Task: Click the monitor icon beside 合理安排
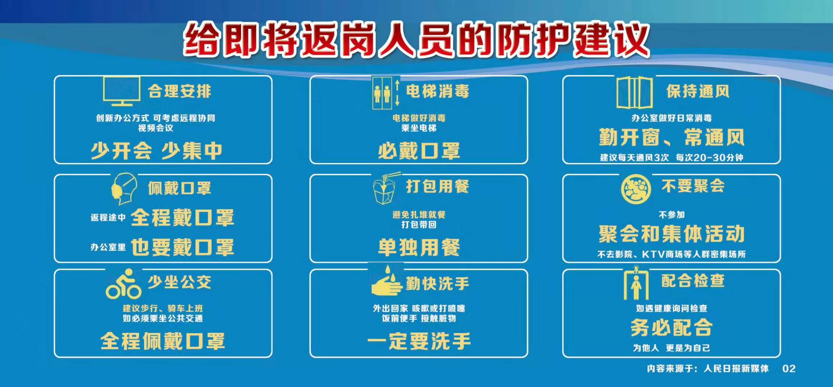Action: [x=121, y=91]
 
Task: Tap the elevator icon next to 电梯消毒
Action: [x=386, y=92]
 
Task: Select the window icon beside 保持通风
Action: [x=634, y=92]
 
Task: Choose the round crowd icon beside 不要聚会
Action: [x=636, y=189]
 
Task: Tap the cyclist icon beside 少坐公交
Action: [x=123, y=284]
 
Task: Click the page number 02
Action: [x=789, y=369]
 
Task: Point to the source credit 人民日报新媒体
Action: [x=736, y=369]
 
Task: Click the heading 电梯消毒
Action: [x=437, y=91]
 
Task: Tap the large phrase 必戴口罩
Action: [x=419, y=151]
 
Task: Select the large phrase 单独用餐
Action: [x=419, y=248]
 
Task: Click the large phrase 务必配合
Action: [x=671, y=328]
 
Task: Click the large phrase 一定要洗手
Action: [x=419, y=341]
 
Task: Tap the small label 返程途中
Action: [x=108, y=218]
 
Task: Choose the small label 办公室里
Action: [x=108, y=247]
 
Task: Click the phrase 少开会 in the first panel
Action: [x=121, y=151]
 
